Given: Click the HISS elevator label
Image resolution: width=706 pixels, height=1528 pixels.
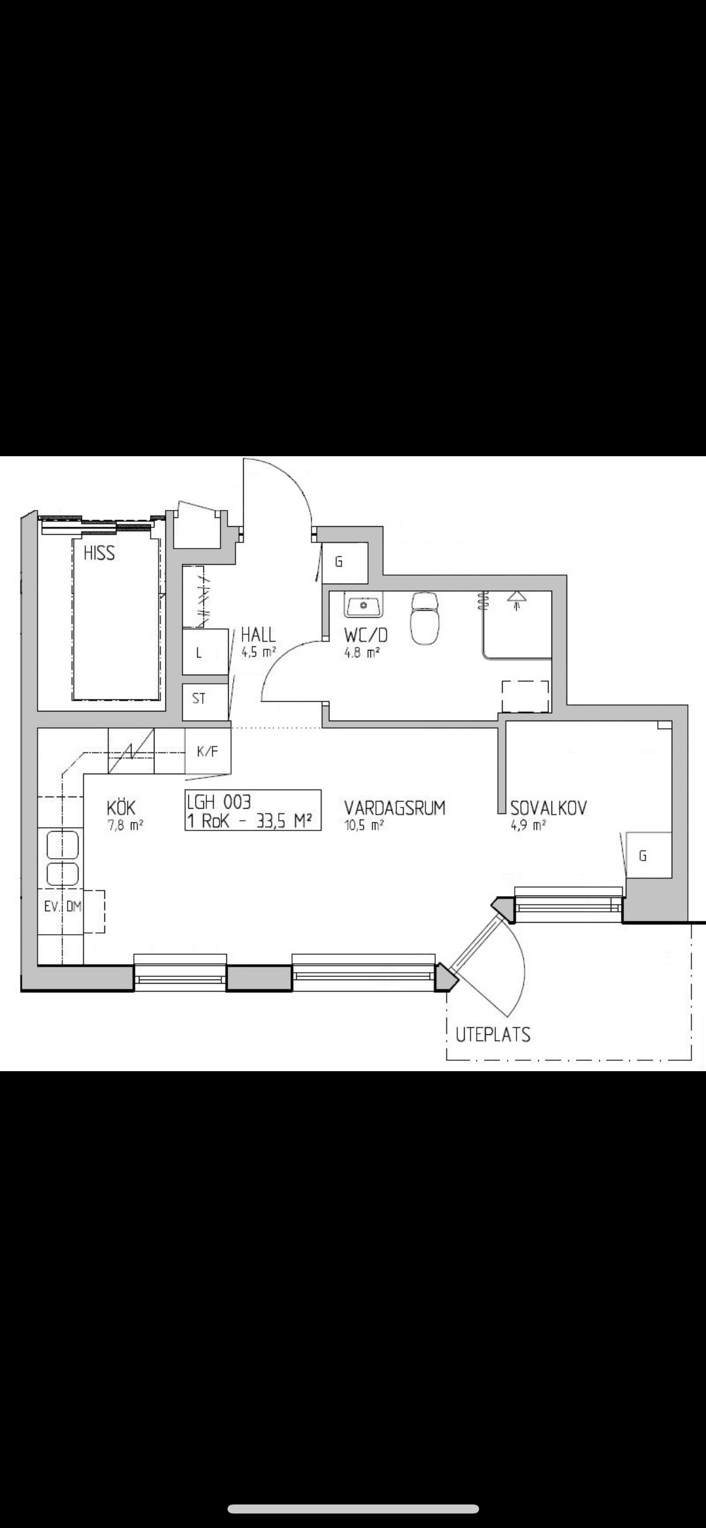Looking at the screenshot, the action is point(99,553).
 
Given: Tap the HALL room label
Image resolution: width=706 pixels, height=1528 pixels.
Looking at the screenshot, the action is point(258,635).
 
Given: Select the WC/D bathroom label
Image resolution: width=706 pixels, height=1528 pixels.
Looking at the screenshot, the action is point(366,635).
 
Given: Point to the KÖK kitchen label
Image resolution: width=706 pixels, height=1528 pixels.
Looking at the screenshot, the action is point(121,807).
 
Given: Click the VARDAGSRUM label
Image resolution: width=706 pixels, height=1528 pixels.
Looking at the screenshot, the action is point(395,807).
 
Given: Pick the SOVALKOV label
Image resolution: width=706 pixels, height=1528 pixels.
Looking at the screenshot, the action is point(549,807).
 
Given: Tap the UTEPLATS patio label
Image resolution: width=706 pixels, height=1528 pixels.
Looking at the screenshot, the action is point(493,1034).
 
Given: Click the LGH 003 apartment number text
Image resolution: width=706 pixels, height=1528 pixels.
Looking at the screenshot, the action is point(218,801).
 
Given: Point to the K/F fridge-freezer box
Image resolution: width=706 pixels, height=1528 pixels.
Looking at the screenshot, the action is point(207,751).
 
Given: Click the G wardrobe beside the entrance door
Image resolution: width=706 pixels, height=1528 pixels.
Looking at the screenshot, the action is point(345,562).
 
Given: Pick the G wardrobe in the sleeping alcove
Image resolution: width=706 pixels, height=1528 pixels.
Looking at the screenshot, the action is point(649,855).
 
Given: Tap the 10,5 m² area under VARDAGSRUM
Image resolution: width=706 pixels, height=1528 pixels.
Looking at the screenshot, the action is point(364,825).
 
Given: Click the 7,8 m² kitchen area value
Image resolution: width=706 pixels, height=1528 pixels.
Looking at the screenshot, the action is point(125,826).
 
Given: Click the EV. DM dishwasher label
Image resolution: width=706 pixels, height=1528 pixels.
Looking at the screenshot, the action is point(63,906).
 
